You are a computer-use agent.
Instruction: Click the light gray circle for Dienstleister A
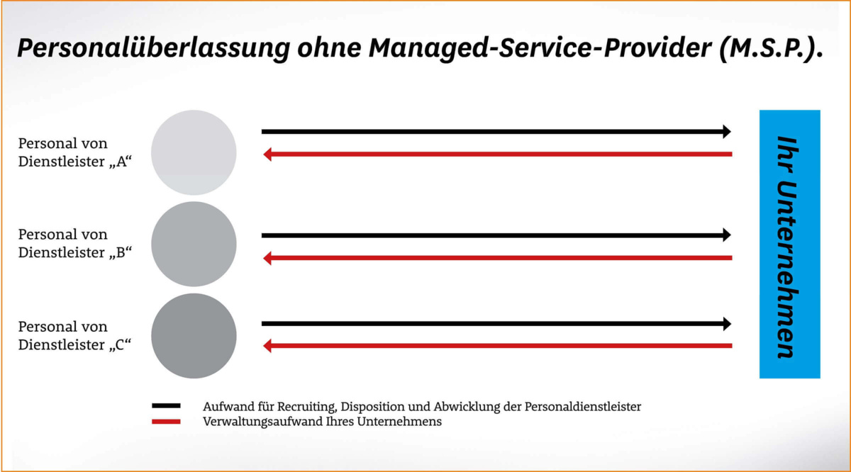point(194,152)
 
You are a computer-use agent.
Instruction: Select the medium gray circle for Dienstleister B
point(194,244)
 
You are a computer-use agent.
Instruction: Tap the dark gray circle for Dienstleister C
point(194,336)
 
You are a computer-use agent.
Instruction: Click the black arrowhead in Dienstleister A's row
point(726,131)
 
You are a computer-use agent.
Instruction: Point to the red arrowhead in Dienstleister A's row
point(267,154)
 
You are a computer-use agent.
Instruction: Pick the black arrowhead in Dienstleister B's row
point(726,235)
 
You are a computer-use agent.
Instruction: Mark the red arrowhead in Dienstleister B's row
point(267,258)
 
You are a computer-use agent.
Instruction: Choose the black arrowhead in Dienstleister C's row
point(726,323)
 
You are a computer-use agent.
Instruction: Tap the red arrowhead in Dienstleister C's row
point(267,346)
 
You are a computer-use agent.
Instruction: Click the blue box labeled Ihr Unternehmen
point(789,244)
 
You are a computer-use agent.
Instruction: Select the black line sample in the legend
point(166,406)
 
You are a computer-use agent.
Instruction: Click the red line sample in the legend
point(166,421)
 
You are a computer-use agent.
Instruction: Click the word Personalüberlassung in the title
point(151,49)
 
